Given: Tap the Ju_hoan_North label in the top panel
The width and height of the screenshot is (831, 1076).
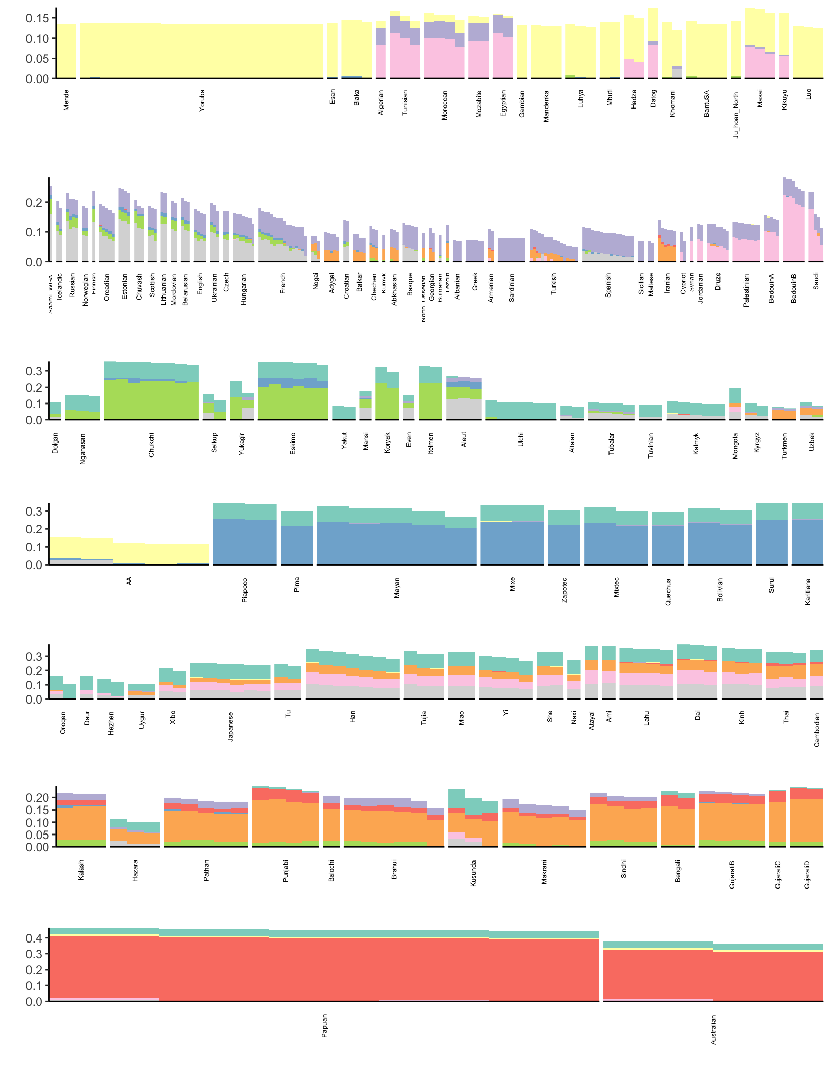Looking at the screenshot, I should coord(736,115).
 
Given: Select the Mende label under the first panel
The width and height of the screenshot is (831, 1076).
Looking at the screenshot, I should coord(66,100).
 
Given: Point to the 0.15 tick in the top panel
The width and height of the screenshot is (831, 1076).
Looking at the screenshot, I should coord(37,18).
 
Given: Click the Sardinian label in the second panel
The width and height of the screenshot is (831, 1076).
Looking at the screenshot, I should coord(512,287).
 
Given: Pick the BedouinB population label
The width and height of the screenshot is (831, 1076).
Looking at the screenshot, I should coord(794,288).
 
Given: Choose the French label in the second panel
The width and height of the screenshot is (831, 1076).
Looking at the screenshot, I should coord(283,283).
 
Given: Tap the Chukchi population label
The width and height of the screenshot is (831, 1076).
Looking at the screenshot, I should coord(151,444).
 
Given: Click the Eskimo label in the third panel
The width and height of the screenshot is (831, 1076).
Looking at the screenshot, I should coord(293,443).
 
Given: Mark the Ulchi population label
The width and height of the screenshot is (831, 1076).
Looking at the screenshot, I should coord(521,440).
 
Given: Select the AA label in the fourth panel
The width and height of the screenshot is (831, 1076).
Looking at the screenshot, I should coord(129,581).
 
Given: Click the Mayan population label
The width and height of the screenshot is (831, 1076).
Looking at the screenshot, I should coord(397,587).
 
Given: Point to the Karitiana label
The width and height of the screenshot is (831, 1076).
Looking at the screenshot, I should coord(808,591).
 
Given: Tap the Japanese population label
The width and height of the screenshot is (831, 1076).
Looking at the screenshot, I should coord(231,726).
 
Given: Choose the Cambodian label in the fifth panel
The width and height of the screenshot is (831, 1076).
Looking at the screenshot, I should coord(817,730).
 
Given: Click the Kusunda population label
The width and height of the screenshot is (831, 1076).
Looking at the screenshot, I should coord(474,873).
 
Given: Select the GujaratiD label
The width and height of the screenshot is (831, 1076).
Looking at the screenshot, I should coord(807,874).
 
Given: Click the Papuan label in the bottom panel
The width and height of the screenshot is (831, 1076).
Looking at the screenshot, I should coord(324,1026).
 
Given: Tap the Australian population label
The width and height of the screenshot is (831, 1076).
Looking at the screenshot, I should coord(713,1030).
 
